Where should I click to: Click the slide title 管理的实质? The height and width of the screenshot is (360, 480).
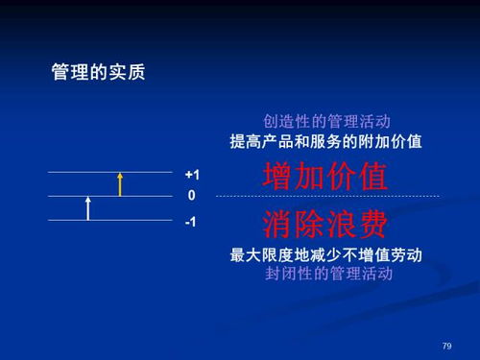click(x=98, y=72)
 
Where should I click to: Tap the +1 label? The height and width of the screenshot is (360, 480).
click(x=192, y=175)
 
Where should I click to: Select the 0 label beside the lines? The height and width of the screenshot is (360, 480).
click(x=192, y=196)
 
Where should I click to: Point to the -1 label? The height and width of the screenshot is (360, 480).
click(x=192, y=221)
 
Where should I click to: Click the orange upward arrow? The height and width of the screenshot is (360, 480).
click(x=120, y=183)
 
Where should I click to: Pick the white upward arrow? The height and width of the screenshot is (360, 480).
click(x=87, y=207)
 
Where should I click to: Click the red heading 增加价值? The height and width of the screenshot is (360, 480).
click(x=325, y=177)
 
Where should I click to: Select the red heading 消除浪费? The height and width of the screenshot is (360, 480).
click(x=325, y=225)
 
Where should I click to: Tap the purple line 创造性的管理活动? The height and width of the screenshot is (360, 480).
click(x=326, y=122)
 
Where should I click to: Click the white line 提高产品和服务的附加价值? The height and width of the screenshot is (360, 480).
click(x=326, y=141)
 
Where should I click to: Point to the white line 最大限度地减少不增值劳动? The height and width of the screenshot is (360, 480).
click(x=326, y=255)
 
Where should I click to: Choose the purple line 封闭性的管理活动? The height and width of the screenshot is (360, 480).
click(x=326, y=274)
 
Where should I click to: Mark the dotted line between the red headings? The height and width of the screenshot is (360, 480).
click(x=326, y=197)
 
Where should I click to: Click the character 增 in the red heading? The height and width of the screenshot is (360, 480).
click(x=278, y=177)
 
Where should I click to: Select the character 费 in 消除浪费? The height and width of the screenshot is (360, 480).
click(x=372, y=225)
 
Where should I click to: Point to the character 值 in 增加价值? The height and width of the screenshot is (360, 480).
click(x=372, y=177)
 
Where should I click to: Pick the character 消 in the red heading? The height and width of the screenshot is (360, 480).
click(x=278, y=225)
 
